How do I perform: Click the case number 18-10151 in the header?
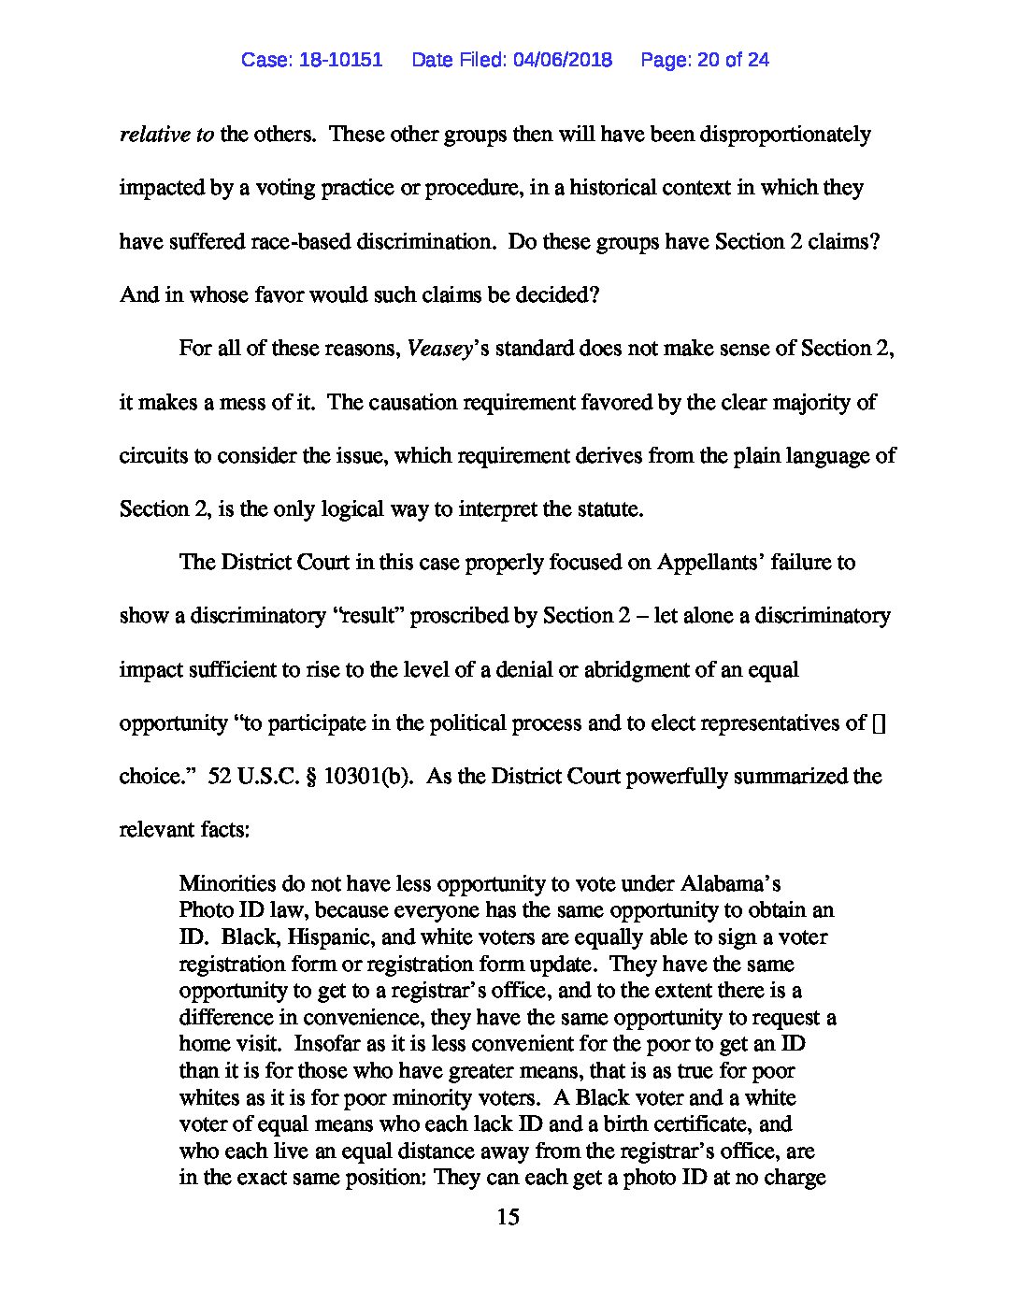(x=340, y=60)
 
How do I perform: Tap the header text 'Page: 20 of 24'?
(x=705, y=60)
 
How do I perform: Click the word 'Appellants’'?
(x=713, y=563)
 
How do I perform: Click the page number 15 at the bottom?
(x=508, y=1217)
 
